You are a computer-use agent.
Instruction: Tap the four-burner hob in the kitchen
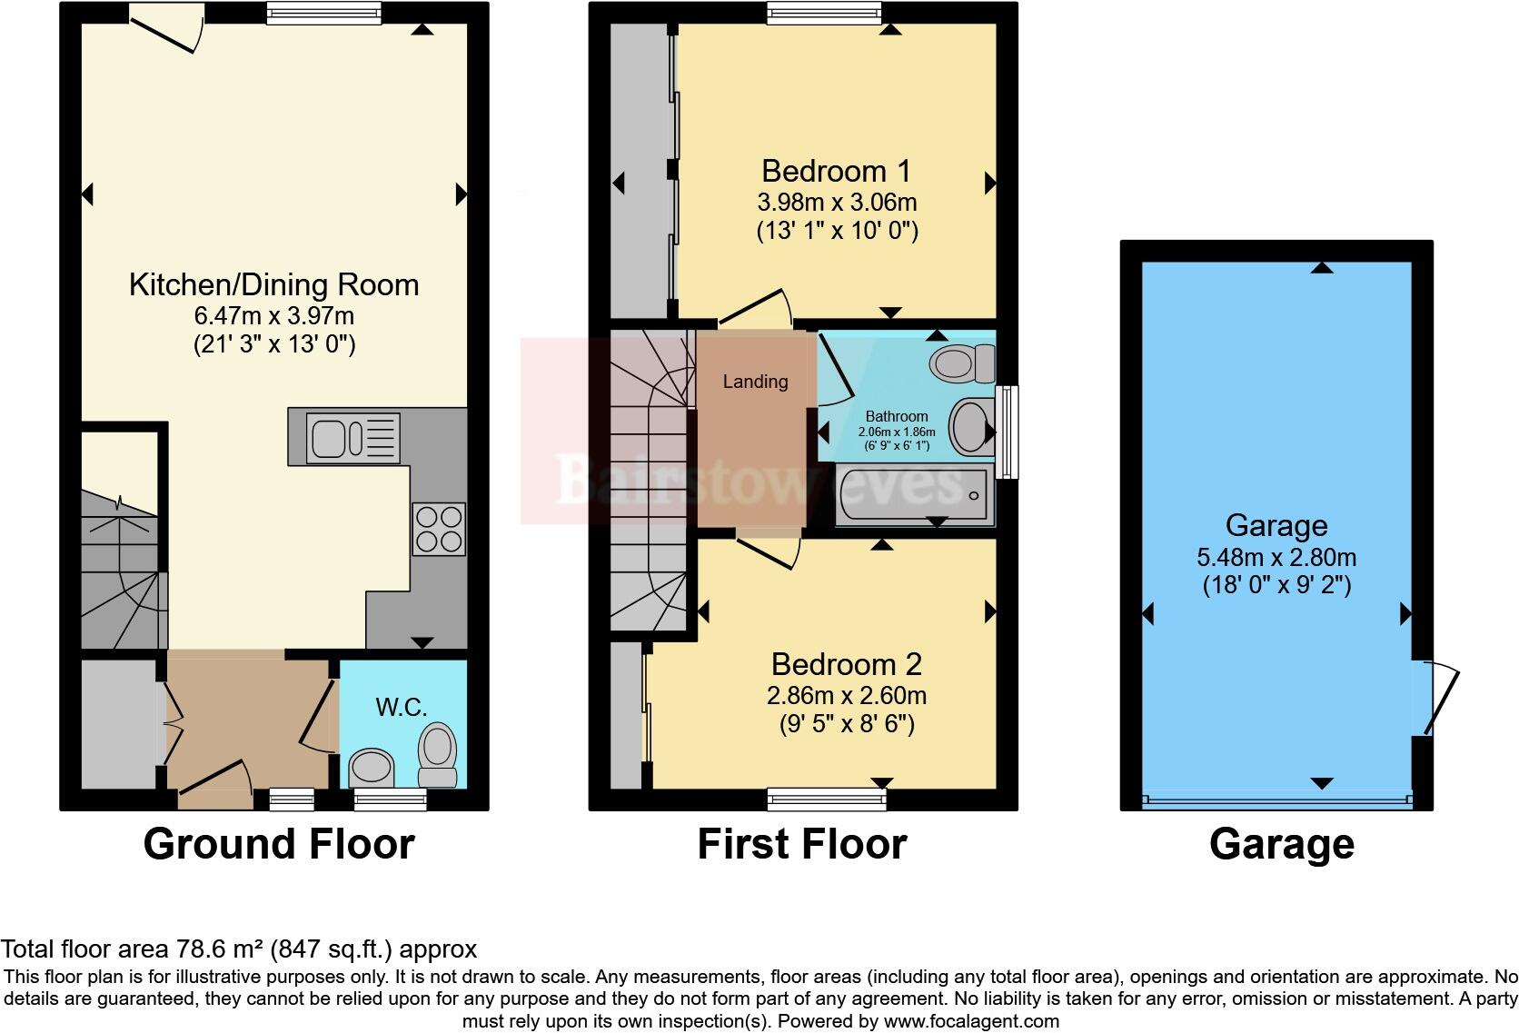pos(440,529)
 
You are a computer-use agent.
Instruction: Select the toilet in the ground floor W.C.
pos(438,756)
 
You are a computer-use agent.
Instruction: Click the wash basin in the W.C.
pos(372,768)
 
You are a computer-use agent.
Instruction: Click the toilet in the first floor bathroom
pos(962,364)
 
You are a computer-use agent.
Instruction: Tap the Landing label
pos(755,382)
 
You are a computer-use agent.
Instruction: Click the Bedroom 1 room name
pos(836,171)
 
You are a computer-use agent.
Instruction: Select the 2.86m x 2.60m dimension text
pos(846,696)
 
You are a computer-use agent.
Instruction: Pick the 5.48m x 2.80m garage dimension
pos(1276,557)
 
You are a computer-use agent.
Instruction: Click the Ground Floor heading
pos(279,844)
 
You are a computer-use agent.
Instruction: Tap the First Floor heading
pos(801,844)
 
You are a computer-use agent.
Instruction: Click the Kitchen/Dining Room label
pos(273,284)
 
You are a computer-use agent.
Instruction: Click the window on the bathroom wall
pos(1007,432)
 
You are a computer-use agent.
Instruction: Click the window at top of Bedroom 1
pos(823,13)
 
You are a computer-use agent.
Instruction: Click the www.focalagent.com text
pos(971,1020)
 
